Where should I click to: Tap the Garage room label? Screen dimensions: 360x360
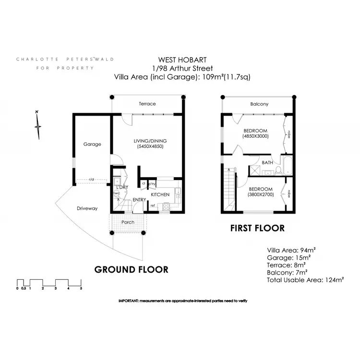pos(92,144)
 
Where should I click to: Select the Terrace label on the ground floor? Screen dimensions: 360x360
pos(147,104)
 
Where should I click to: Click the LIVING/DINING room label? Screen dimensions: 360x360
pos(149,141)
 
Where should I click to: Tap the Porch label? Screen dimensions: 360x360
pos(128,222)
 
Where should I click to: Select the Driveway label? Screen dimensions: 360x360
pos(87,208)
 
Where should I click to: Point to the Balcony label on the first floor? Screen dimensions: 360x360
pos(259,104)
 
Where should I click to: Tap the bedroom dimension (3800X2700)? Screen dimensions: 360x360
pos(260,194)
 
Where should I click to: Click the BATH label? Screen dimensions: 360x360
pos(267,163)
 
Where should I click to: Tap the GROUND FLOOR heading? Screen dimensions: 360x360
pos(131,269)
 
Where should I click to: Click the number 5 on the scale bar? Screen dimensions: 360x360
pos(81,288)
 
